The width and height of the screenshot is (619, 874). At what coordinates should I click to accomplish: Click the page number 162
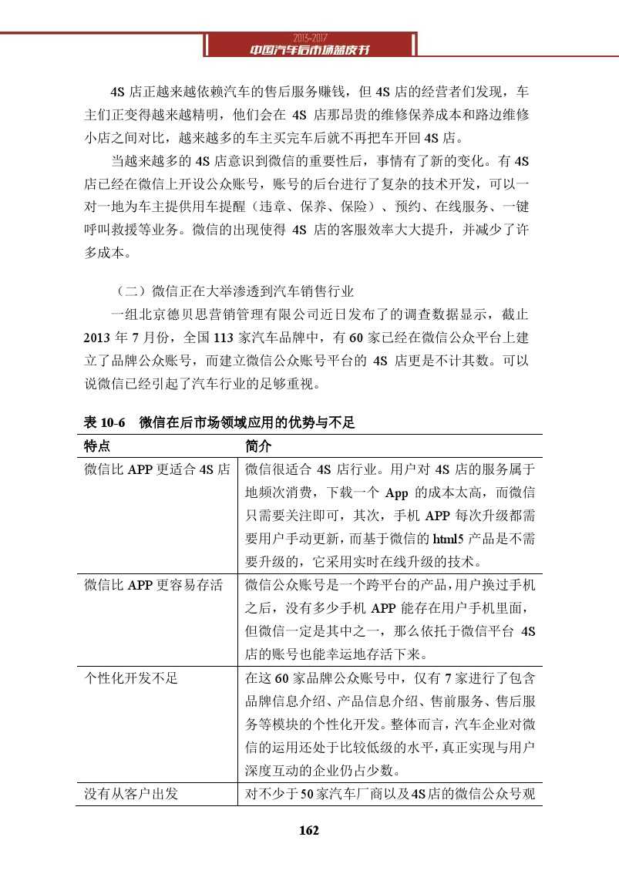[x=308, y=830]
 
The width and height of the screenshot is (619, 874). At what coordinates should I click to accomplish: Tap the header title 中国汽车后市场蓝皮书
[x=310, y=50]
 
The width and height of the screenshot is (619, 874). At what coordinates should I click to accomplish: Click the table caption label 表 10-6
[x=104, y=422]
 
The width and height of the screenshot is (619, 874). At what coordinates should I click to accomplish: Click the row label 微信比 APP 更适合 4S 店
[x=157, y=469]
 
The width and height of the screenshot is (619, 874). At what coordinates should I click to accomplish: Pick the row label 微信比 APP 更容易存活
[x=153, y=585]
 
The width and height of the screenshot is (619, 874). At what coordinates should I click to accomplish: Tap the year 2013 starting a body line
[x=98, y=337]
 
